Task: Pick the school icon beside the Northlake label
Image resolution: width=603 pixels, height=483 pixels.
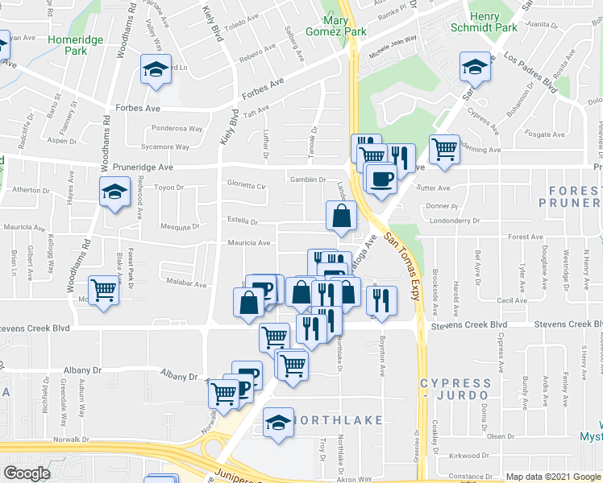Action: point(278,423)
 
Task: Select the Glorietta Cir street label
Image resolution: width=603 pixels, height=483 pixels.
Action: point(246,185)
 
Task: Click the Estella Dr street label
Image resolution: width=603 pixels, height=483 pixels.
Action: point(242,222)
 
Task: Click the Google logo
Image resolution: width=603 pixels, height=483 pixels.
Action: point(26,473)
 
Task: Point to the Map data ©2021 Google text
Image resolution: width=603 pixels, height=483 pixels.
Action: point(552,477)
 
